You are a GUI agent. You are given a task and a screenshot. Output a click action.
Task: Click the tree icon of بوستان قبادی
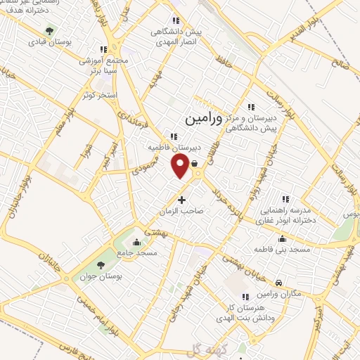[49, 31]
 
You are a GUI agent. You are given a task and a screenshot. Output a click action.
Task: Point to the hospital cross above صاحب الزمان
[181, 200]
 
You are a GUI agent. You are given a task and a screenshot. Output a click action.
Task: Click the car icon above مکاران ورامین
[279, 283]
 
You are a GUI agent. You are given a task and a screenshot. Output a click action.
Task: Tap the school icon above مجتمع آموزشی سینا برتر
[104, 49]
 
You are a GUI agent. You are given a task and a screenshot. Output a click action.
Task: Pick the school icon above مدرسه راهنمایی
[285, 199]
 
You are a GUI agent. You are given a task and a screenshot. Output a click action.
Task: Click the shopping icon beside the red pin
[193, 161]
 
